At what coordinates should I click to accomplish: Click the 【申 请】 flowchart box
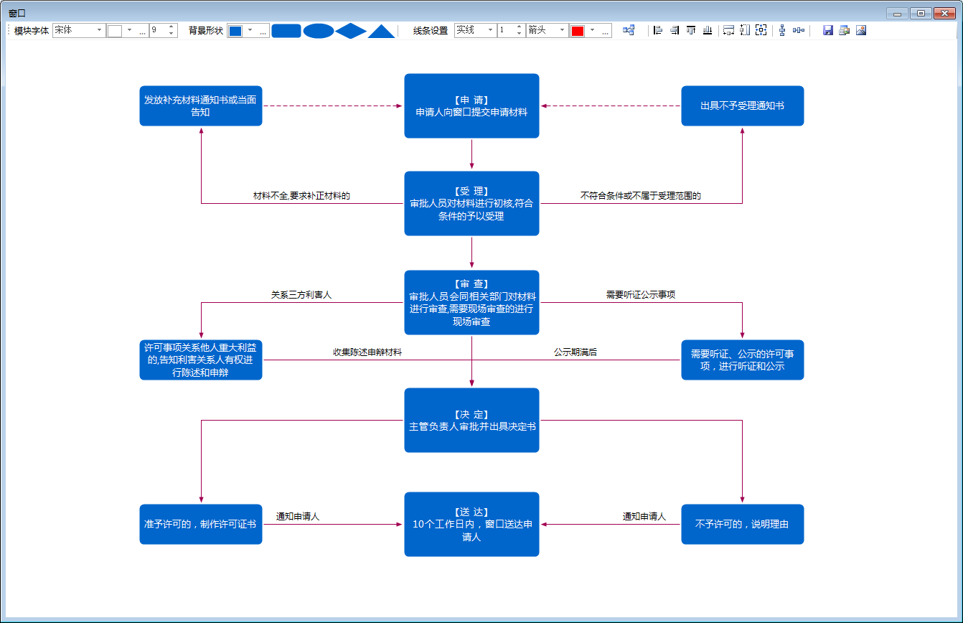click(x=471, y=106)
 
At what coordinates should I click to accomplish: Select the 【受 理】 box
click(x=471, y=203)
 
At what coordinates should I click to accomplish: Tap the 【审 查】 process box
click(x=471, y=302)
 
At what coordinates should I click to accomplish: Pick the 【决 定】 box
click(x=471, y=420)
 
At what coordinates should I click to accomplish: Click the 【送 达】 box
click(x=471, y=524)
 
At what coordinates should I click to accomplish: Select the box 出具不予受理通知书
click(x=743, y=106)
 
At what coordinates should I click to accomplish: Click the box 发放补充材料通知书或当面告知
click(x=201, y=106)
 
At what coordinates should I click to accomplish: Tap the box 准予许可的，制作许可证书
click(x=201, y=524)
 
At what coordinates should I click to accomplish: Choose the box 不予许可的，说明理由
click(x=743, y=524)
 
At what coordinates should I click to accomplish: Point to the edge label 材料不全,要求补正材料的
click(x=301, y=196)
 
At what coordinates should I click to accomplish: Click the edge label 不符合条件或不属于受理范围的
click(x=641, y=196)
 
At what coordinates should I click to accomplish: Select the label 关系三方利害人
click(x=301, y=294)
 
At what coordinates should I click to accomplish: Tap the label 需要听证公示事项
click(x=641, y=294)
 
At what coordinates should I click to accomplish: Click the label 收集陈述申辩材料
click(x=367, y=352)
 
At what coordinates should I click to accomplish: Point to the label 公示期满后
click(x=576, y=352)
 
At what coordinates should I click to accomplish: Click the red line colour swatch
click(x=578, y=31)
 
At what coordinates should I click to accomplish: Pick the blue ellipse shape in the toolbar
click(x=319, y=31)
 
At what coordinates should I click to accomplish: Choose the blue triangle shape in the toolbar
click(x=381, y=32)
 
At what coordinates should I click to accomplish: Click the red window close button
click(x=944, y=14)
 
